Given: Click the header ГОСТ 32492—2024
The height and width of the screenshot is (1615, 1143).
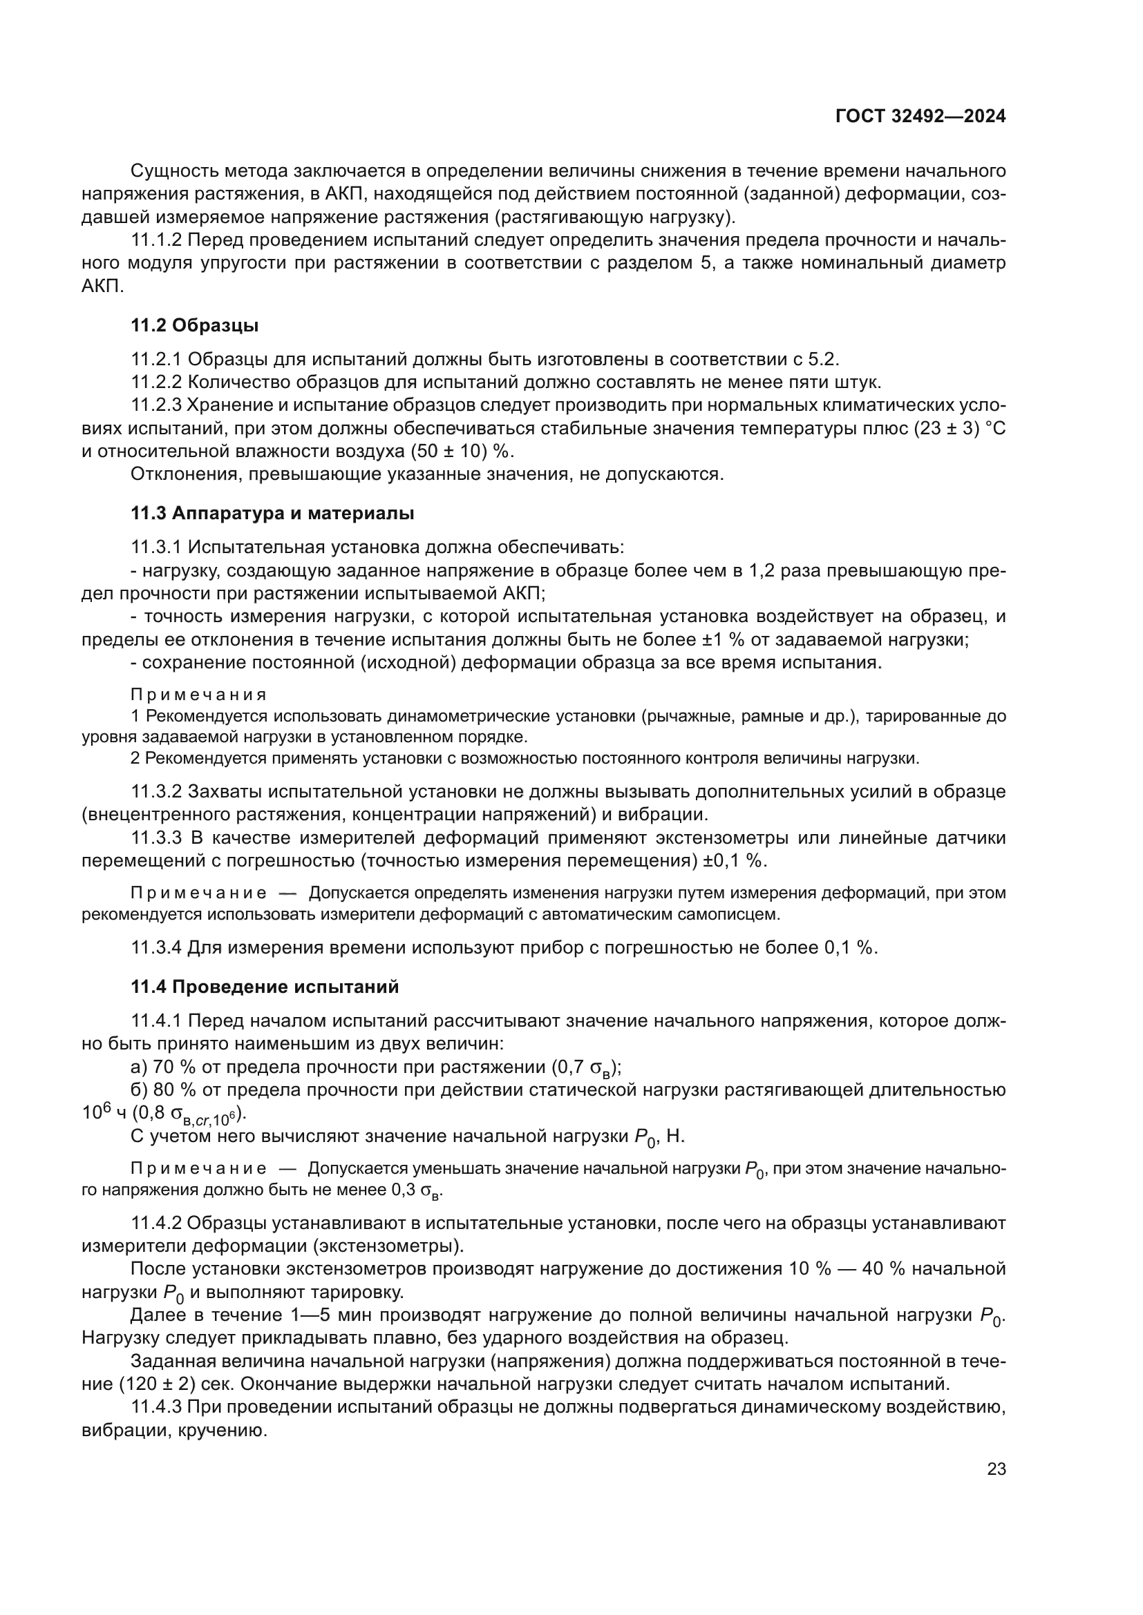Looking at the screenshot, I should coord(920,117).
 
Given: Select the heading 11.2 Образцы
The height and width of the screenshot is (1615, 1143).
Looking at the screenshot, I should coord(194,326).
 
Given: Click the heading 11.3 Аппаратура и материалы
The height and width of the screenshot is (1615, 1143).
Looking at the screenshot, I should coord(272,514).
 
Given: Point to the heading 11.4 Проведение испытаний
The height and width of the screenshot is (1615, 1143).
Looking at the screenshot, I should coord(265,987).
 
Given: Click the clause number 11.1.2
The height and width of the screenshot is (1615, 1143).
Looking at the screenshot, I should coord(156,240).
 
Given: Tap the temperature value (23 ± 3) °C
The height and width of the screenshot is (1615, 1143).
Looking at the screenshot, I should coord(959,428).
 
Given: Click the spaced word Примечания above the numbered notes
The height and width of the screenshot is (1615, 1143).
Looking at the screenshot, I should coord(198,695).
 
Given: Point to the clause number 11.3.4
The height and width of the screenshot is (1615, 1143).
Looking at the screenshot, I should coord(156,947).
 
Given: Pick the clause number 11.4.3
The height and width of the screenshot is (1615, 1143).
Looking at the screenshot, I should coord(156,1406).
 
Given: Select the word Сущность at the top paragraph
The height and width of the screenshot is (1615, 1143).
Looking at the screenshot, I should coord(175,171).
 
